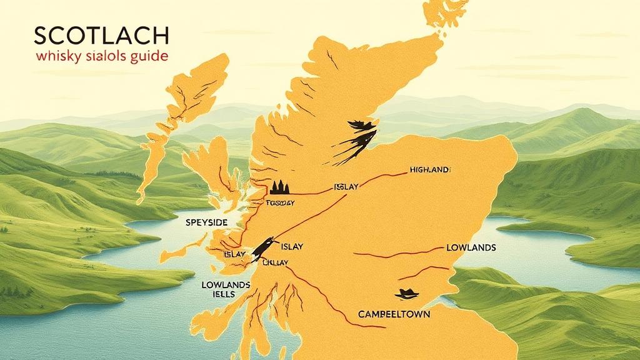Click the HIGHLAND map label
[x=430, y=169]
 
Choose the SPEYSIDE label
[x=206, y=222]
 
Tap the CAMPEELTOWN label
[x=394, y=314]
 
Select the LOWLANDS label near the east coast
[x=471, y=247]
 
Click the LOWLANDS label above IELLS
[x=226, y=284]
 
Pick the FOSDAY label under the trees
[x=279, y=202]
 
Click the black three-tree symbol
[x=279, y=187]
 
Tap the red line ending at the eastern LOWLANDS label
[x=400, y=253]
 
